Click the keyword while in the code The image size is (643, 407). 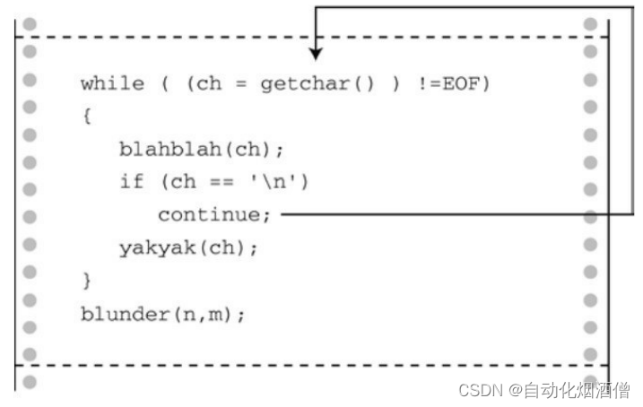[x=112, y=84]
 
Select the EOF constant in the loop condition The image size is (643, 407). [x=471, y=84]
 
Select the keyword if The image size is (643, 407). [x=131, y=182]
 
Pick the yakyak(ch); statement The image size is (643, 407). [x=188, y=248]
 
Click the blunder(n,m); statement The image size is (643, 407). [x=162, y=314]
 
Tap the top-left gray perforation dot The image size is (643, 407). [x=30, y=22]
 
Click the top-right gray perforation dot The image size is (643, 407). [x=590, y=22]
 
